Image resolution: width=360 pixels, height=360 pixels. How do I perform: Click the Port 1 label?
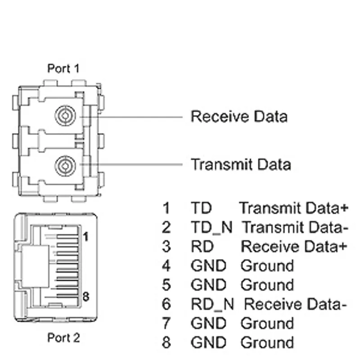pyautogui.click(x=63, y=68)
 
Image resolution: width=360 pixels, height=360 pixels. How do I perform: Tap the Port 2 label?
pyautogui.click(x=63, y=338)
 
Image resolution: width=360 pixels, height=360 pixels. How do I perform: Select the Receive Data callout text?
pyautogui.click(x=239, y=117)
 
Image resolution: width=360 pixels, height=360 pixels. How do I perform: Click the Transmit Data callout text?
pyautogui.click(x=241, y=164)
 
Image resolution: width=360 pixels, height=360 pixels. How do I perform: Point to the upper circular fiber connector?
pyautogui.click(x=65, y=116)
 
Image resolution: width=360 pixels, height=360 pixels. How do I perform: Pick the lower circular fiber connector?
pyautogui.click(x=65, y=166)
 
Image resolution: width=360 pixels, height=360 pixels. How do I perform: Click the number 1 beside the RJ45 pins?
pyautogui.click(x=86, y=237)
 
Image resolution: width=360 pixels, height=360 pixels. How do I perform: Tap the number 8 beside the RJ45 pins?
pyautogui.click(x=86, y=297)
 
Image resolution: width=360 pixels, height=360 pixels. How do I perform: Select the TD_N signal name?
pyautogui.click(x=211, y=228)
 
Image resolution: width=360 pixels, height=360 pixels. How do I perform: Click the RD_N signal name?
pyautogui.click(x=212, y=305)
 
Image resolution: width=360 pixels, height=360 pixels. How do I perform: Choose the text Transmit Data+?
pyautogui.click(x=294, y=208)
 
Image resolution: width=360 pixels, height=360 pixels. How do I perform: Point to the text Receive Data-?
pyautogui.click(x=295, y=304)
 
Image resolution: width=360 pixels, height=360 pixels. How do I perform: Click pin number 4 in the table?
pyautogui.click(x=166, y=266)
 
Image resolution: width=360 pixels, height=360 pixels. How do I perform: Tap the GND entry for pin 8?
pyautogui.click(x=208, y=342)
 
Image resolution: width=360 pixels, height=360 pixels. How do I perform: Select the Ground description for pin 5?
pyautogui.click(x=267, y=285)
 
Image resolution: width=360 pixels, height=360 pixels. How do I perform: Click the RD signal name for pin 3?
pyautogui.click(x=202, y=247)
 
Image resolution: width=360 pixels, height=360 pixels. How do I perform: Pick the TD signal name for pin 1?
pyautogui.click(x=201, y=208)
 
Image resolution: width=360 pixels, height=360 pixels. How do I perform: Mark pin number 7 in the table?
pyautogui.click(x=166, y=323)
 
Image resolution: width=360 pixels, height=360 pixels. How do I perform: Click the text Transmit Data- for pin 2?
pyautogui.click(x=295, y=227)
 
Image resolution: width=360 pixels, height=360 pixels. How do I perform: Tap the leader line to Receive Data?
pyautogui.click(x=131, y=117)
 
